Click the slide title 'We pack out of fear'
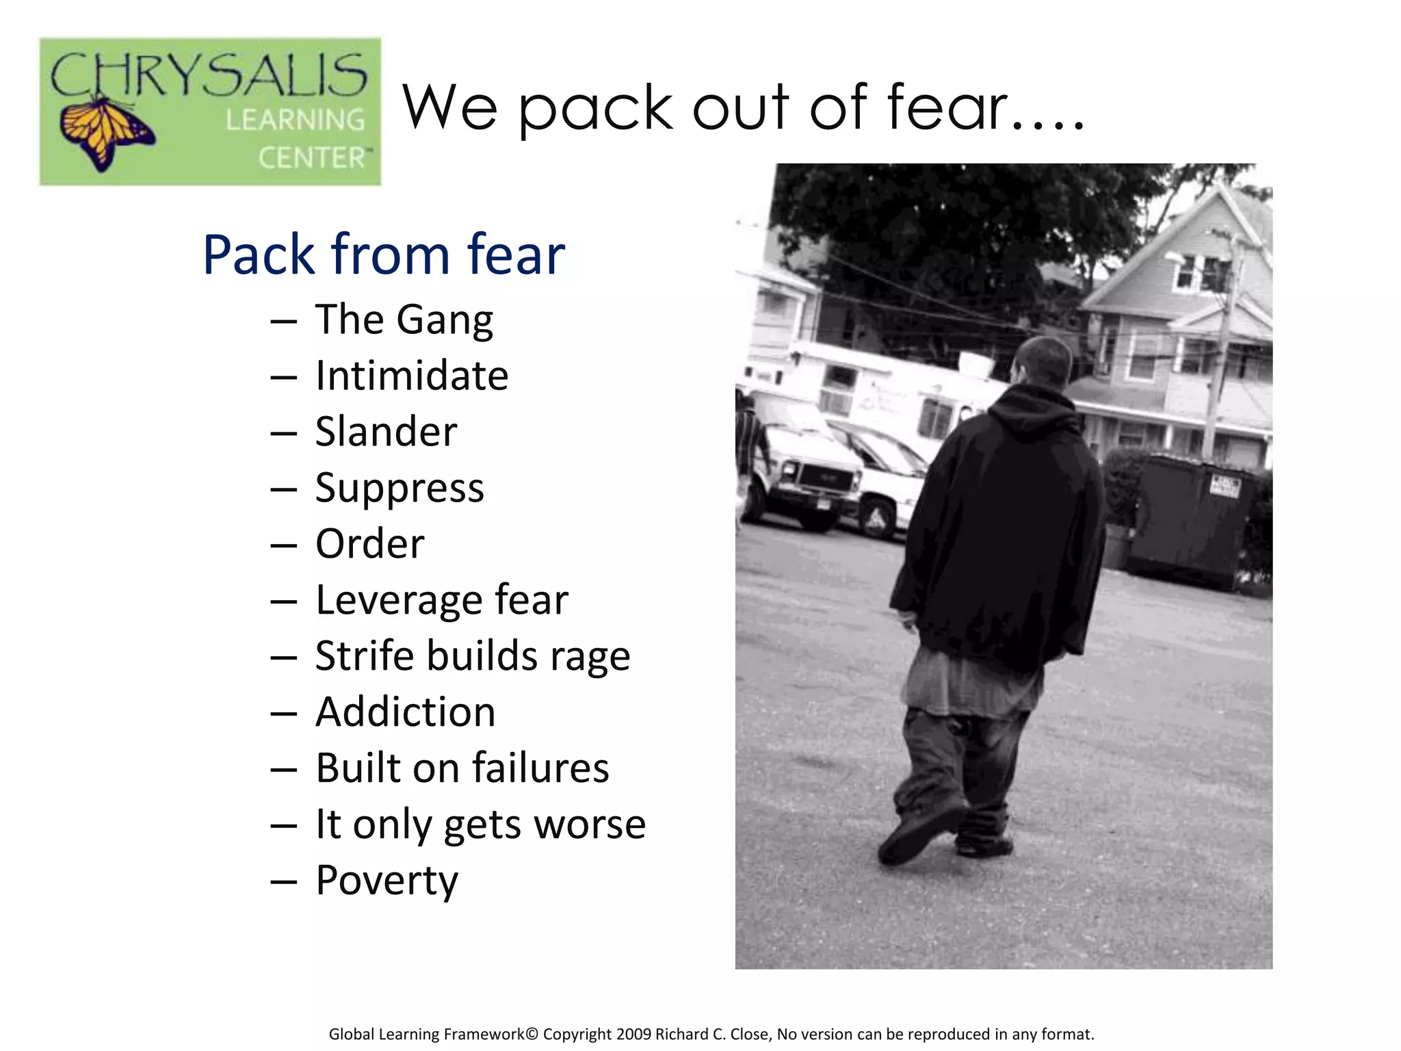click(742, 107)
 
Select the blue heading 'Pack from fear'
click(384, 255)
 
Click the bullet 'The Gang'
click(404, 320)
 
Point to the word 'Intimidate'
click(412, 376)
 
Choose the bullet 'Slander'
click(386, 432)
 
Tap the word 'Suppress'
click(400, 489)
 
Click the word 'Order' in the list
click(370, 544)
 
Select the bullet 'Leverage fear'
click(442, 600)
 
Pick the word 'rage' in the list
click(590, 657)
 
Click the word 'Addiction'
click(406, 712)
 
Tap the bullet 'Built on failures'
click(462, 768)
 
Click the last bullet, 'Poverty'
click(387, 881)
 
